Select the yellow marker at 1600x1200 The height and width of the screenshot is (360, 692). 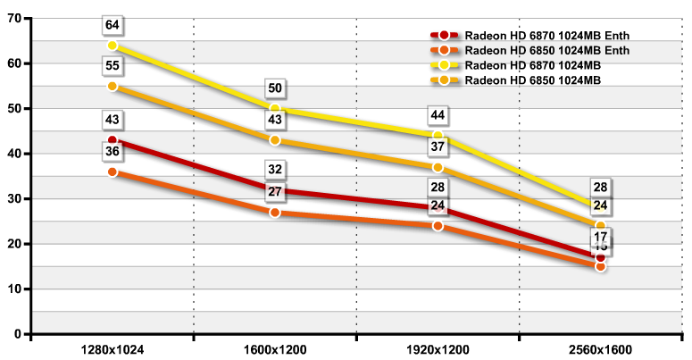click(275, 108)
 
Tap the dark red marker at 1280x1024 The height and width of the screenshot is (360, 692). click(113, 140)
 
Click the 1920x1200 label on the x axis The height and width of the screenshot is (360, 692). click(438, 350)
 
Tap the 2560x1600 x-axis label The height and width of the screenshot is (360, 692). click(600, 350)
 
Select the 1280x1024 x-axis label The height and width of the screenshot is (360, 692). click(113, 350)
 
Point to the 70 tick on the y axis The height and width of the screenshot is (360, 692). click(15, 18)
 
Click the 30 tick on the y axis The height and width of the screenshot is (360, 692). click(15, 198)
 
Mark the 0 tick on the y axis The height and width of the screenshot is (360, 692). click(19, 334)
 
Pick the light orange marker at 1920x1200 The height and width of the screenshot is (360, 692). click(438, 167)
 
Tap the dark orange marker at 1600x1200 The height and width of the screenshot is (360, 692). click(275, 213)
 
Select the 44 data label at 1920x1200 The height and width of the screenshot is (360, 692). click(438, 115)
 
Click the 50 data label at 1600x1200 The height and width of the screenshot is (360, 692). click(275, 88)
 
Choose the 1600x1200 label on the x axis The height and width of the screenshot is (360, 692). click(275, 350)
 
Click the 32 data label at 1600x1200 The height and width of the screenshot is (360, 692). click(275, 169)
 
